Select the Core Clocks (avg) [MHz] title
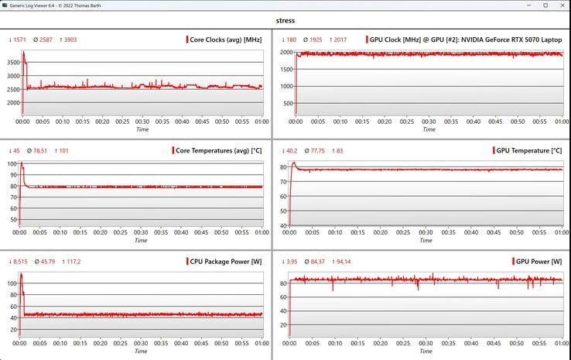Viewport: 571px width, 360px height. click(x=225, y=39)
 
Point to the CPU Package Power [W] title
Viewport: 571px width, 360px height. click(x=224, y=261)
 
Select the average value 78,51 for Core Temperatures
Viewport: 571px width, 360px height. click(x=40, y=150)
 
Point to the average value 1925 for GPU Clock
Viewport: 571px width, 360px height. click(x=317, y=39)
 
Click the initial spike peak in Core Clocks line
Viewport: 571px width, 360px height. click(x=23, y=52)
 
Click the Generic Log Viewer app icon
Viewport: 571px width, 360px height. click(x=5, y=5)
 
